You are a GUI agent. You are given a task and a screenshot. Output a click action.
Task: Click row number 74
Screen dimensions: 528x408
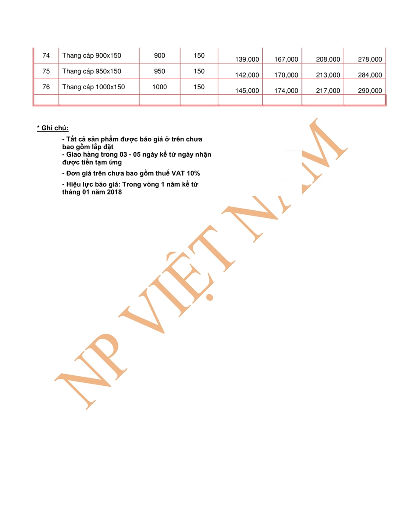click(46, 56)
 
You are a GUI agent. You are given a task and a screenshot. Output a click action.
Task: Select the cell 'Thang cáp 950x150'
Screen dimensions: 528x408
click(92, 71)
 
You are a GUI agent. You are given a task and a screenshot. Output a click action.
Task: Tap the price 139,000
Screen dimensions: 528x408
click(247, 59)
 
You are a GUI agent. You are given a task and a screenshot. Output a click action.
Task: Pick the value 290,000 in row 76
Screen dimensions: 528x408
click(370, 91)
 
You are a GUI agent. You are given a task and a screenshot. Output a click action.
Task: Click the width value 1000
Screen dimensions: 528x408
click(159, 87)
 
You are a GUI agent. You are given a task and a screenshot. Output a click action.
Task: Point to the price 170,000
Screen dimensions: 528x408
click(286, 75)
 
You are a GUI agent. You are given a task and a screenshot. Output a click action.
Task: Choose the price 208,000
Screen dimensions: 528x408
click(328, 59)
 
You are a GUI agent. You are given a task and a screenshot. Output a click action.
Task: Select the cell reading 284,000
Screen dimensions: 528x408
click(370, 75)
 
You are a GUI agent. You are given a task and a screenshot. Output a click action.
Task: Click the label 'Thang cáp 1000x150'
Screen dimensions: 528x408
click(93, 87)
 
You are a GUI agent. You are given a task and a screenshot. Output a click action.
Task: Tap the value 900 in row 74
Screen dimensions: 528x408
click(159, 56)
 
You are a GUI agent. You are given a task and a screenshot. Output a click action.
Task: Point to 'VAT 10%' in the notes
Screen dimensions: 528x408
click(186, 173)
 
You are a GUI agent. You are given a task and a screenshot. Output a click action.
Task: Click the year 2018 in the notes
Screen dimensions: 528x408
click(114, 192)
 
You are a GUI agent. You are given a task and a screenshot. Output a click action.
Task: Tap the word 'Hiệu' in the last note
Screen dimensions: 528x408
click(74, 184)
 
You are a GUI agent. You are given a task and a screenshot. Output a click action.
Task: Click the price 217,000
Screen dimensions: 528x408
click(328, 91)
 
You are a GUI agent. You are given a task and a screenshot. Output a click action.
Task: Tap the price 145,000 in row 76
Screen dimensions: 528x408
click(247, 91)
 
